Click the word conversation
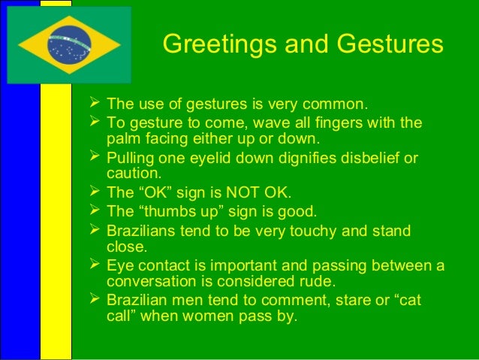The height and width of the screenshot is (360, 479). click(155, 281)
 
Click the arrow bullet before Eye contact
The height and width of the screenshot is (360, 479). click(95, 265)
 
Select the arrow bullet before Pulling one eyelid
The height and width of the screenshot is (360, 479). click(95, 158)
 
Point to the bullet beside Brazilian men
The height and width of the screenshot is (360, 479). click(95, 299)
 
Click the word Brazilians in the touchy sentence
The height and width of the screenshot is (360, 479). click(146, 230)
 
